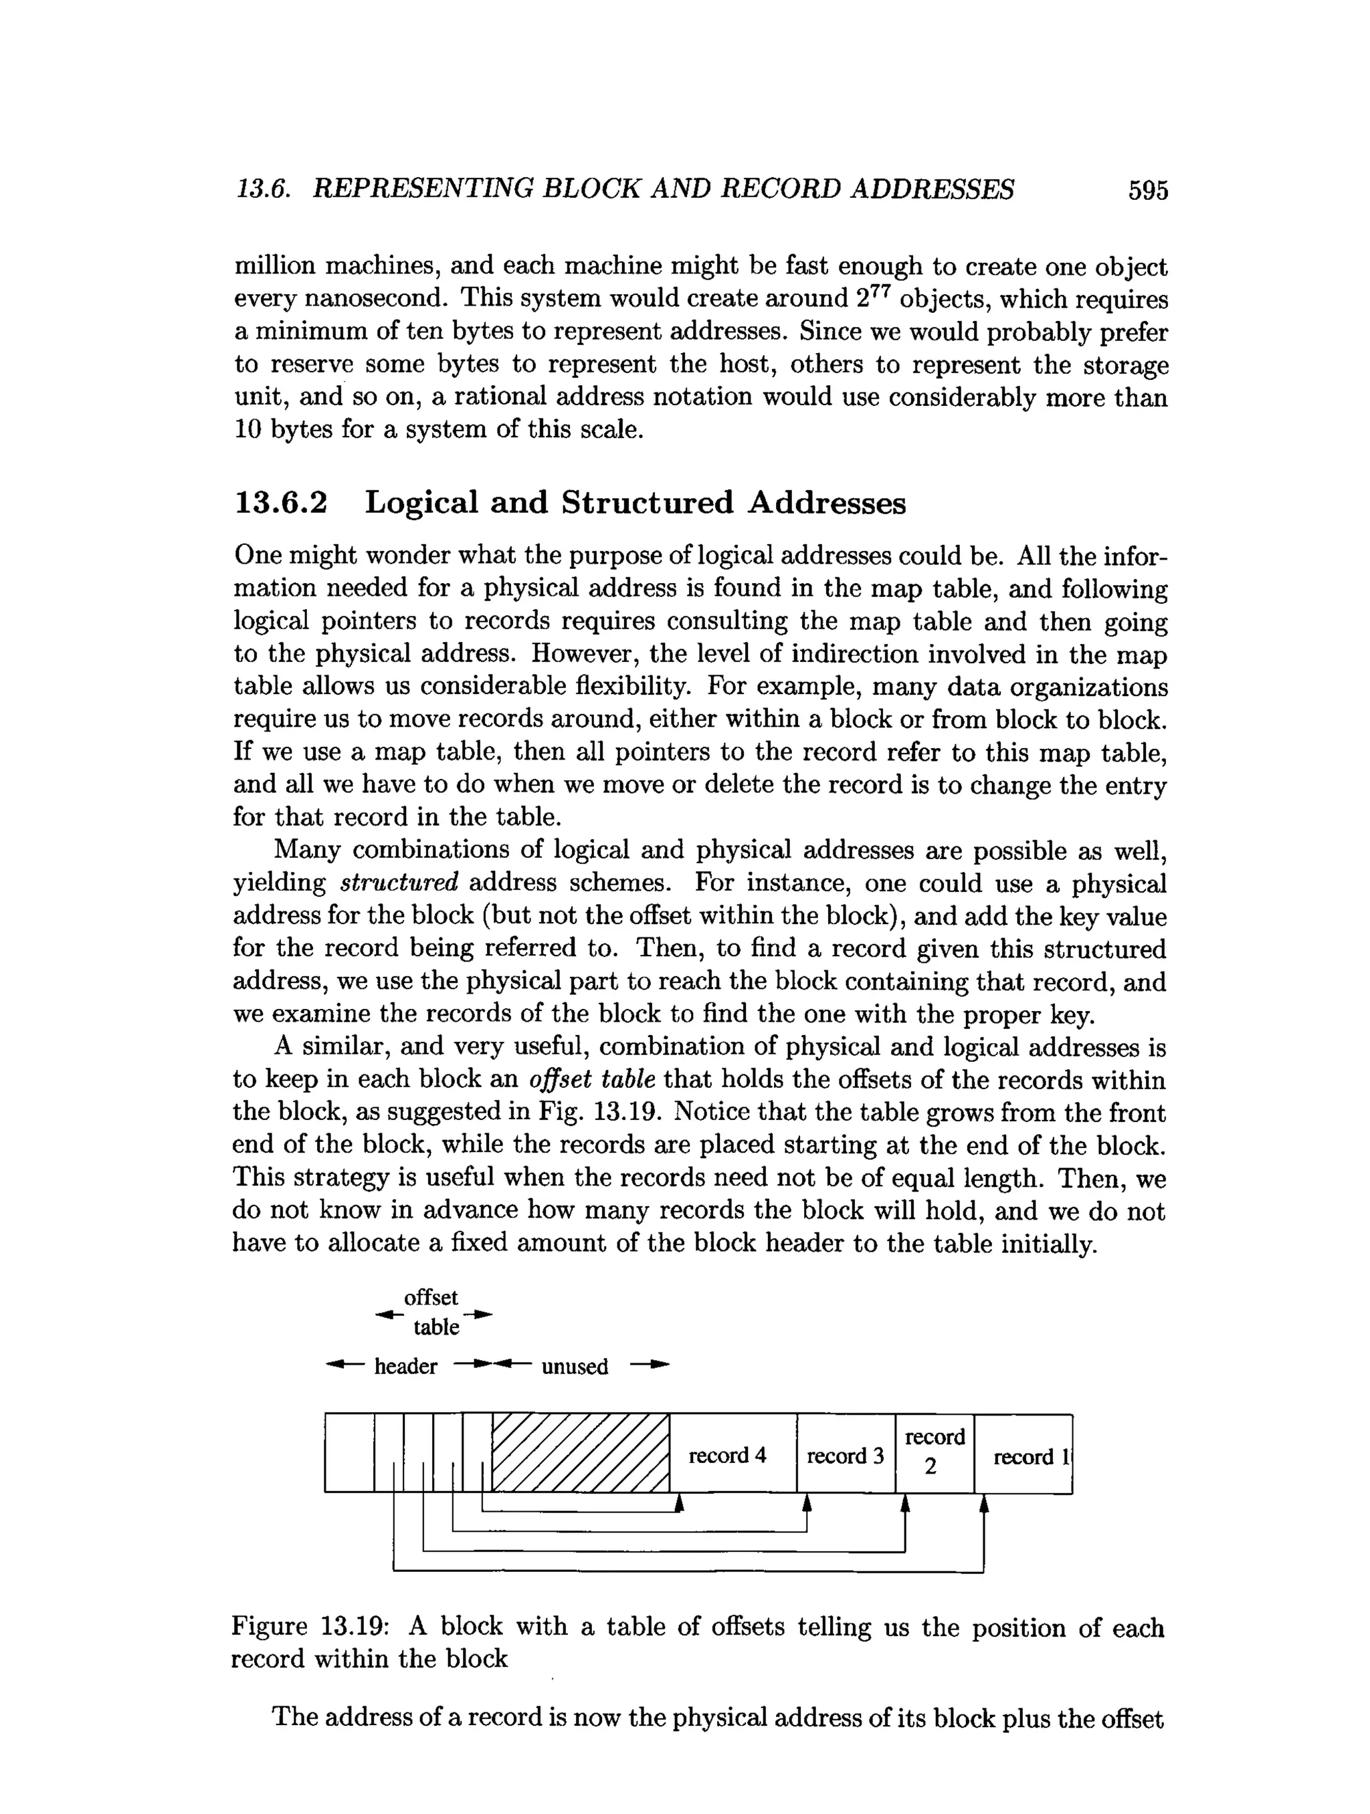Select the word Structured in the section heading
pos(648,503)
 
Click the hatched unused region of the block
pos(581,1452)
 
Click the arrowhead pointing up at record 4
pos(678,1502)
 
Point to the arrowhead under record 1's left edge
pos(983,1502)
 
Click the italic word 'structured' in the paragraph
pos(399,883)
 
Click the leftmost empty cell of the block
pos(349,1452)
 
